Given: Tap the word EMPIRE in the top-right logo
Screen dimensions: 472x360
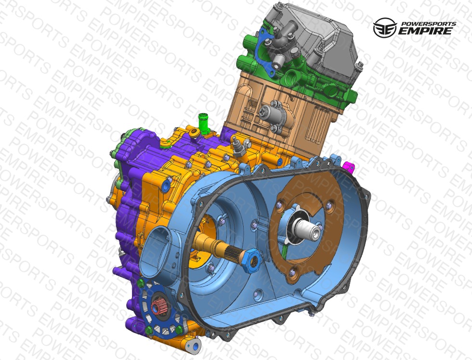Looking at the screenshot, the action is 425,31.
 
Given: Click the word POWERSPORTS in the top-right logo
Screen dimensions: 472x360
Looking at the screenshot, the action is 429,24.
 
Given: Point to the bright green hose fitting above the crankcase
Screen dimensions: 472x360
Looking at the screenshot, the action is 205,123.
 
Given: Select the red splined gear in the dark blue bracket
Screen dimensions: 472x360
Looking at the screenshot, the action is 157,307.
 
